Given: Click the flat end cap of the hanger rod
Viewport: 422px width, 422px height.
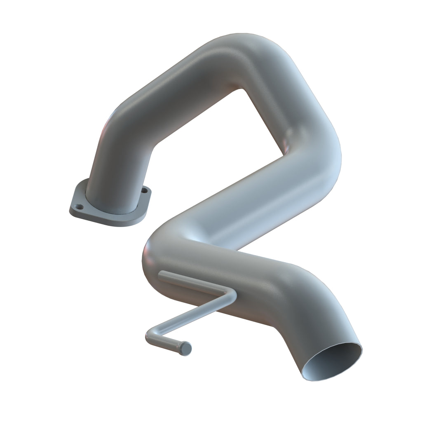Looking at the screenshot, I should [x=186, y=349].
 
